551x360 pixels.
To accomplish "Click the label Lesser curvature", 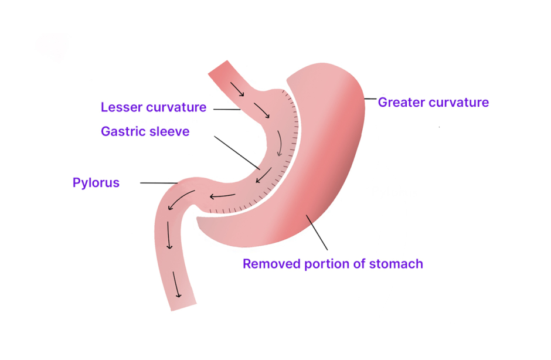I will click(154, 108).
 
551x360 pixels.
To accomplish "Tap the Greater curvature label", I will click(433, 103).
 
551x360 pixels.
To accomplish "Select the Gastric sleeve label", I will click(145, 131).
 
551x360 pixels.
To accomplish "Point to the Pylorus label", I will click(96, 183).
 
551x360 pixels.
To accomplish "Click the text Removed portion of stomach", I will click(332, 264).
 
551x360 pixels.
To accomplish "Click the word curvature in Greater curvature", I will click(460, 103).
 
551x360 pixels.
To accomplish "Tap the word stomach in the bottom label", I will click(396, 264).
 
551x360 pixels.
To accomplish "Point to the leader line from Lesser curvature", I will click(227, 109).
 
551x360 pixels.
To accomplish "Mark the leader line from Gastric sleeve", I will click(237, 152).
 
